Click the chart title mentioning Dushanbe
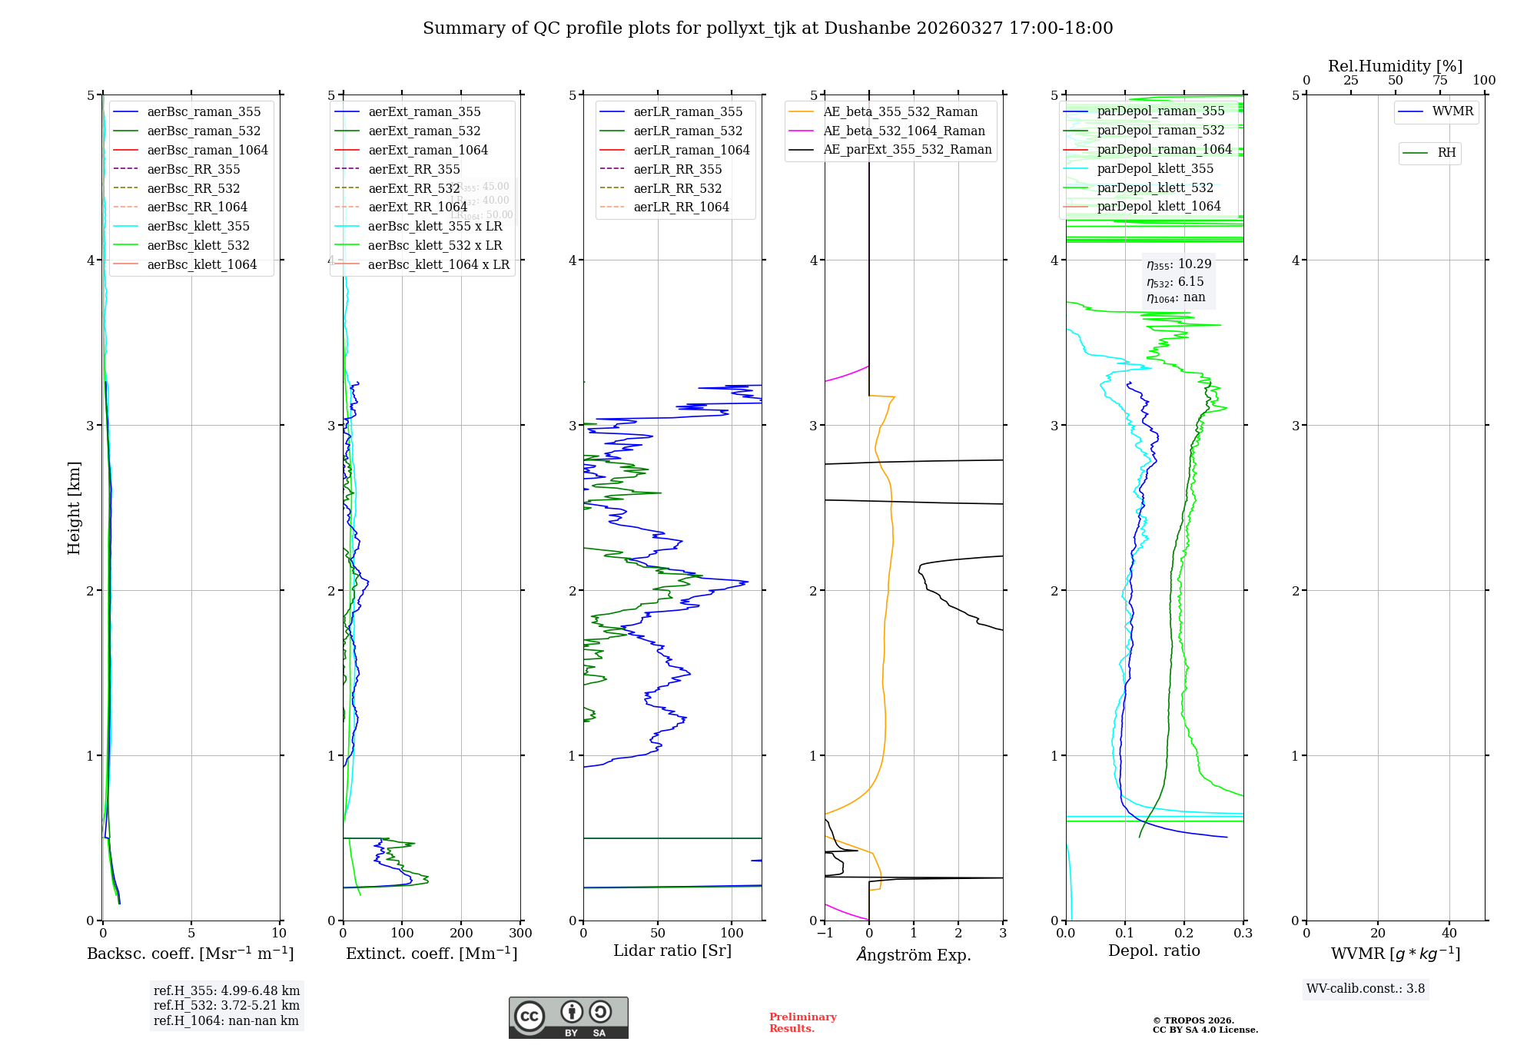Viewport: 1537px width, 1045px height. coord(768,28)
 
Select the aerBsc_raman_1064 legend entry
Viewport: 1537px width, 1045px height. coord(207,150)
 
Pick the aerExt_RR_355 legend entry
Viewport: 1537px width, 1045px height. coord(413,169)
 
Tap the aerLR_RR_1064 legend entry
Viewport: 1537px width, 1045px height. coord(681,207)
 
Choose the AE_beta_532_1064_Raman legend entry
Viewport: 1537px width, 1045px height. coord(904,131)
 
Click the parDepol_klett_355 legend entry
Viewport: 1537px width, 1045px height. coord(1155,168)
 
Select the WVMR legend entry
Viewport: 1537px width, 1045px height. coord(1452,111)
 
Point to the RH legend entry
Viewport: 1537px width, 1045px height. coord(1446,153)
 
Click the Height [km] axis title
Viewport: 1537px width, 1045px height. coord(74,508)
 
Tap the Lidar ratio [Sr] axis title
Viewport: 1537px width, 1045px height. coord(672,950)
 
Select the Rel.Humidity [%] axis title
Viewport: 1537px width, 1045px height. coord(1395,66)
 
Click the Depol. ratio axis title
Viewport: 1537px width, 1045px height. coord(1154,950)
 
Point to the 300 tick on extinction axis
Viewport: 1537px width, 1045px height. coord(520,934)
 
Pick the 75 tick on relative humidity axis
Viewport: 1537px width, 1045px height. coord(1439,81)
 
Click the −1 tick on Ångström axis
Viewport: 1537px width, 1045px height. coord(825,934)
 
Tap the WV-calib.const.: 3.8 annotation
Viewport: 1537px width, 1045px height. coord(1365,989)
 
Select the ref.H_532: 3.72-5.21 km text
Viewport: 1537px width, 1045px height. coord(226,1005)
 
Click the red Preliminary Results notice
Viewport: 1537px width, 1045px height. coord(802,1023)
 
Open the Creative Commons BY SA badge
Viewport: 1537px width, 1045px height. coord(568,1018)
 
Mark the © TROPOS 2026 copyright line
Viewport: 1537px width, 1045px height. coord(1193,1020)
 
